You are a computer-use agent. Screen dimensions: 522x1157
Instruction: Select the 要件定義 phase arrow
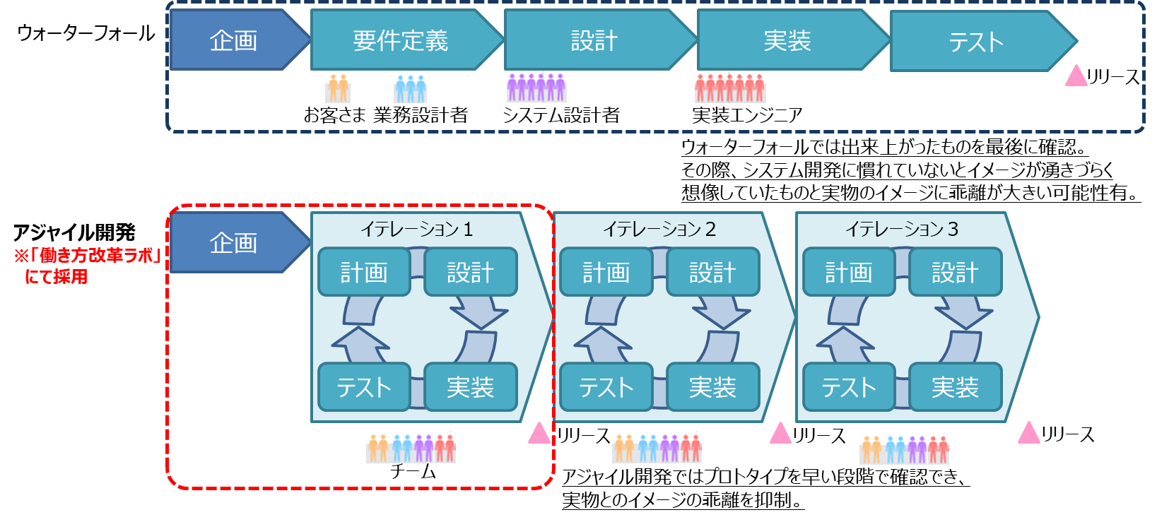click(401, 40)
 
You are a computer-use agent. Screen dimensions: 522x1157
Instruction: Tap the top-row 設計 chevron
click(594, 40)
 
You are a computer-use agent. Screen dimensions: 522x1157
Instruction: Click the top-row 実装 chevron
click(787, 40)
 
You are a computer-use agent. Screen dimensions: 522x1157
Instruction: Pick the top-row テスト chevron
click(976, 42)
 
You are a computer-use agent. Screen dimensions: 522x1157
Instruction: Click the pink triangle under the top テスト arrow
click(1076, 77)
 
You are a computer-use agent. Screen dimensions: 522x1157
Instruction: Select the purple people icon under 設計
click(536, 88)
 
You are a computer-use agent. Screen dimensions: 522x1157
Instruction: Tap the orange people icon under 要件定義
click(338, 88)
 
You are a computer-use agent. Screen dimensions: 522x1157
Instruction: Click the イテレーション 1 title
click(416, 229)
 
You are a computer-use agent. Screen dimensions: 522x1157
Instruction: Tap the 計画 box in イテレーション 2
click(606, 272)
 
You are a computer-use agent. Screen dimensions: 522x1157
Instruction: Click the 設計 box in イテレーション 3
click(955, 272)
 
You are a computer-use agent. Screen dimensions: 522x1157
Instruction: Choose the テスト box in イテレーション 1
click(364, 387)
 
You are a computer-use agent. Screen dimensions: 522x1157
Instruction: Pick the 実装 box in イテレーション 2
click(712, 387)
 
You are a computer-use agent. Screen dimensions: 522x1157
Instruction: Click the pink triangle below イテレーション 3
click(1028, 433)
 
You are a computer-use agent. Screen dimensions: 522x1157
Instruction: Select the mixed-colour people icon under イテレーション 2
click(657, 448)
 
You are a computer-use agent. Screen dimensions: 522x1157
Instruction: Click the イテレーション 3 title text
click(902, 229)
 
